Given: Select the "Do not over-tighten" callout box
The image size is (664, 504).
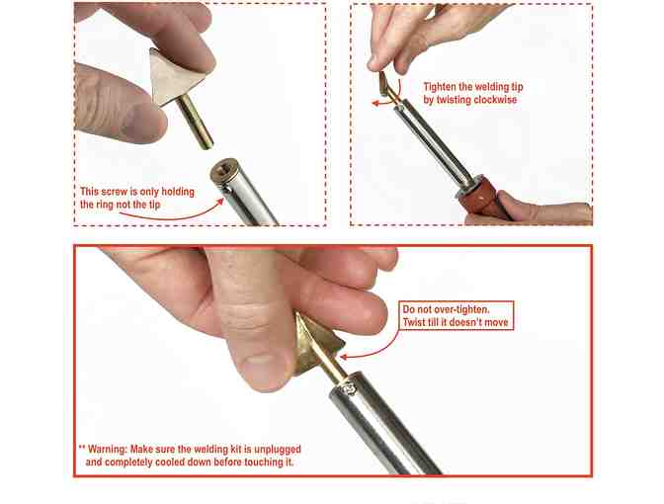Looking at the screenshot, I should tap(456, 315).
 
